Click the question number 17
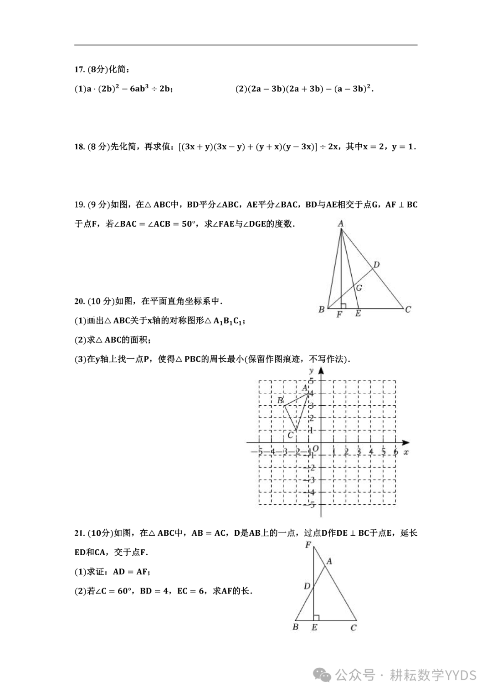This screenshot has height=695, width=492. [x=79, y=70]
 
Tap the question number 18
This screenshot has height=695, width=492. [x=79, y=147]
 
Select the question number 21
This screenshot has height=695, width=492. [x=79, y=533]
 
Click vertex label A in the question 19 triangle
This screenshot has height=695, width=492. [x=340, y=223]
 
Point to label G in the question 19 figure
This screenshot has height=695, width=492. [x=359, y=288]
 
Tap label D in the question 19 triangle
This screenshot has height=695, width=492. [x=376, y=265]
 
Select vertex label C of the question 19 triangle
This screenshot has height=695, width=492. [x=408, y=309]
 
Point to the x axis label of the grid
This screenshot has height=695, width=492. [x=406, y=452]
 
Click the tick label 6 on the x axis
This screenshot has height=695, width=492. [x=395, y=451]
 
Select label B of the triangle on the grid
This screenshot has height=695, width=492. [x=281, y=401]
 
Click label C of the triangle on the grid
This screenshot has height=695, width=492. [x=290, y=436]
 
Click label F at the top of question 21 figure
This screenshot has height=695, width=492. [x=308, y=545]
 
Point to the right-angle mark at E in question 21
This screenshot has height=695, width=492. [x=316, y=617]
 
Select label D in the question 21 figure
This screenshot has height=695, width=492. [x=307, y=586]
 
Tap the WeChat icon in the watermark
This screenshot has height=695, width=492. [x=324, y=675]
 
